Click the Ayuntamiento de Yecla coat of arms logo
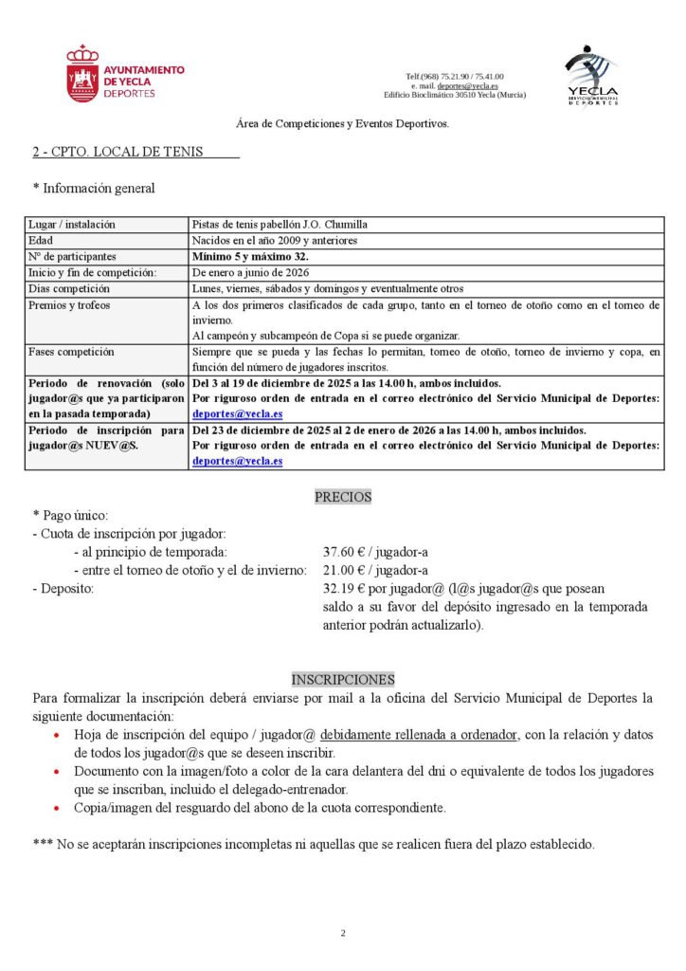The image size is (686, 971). pyautogui.click(x=82, y=74)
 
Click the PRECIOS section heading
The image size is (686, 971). pyautogui.click(x=343, y=497)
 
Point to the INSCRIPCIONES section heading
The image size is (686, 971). pyautogui.click(x=343, y=680)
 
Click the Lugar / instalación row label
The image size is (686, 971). pyautogui.click(x=72, y=225)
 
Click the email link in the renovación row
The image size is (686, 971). pyautogui.click(x=237, y=414)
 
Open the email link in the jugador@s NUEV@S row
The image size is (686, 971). pyautogui.click(x=237, y=461)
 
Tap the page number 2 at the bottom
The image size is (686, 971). pyautogui.click(x=343, y=933)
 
